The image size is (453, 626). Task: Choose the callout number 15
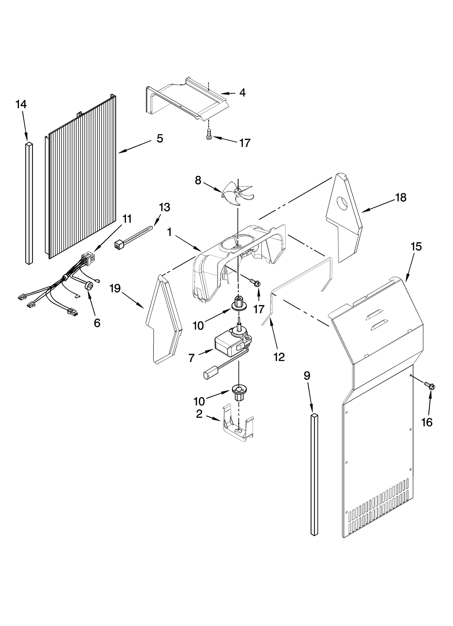pyautogui.click(x=416, y=247)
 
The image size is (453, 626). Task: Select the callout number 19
pyautogui.click(x=115, y=289)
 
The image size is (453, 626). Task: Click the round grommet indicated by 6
pyautogui.click(x=89, y=286)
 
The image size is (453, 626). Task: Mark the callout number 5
pyautogui.click(x=160, y=139)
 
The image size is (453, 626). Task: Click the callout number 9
pyautogui.click(x=307, y=376)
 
